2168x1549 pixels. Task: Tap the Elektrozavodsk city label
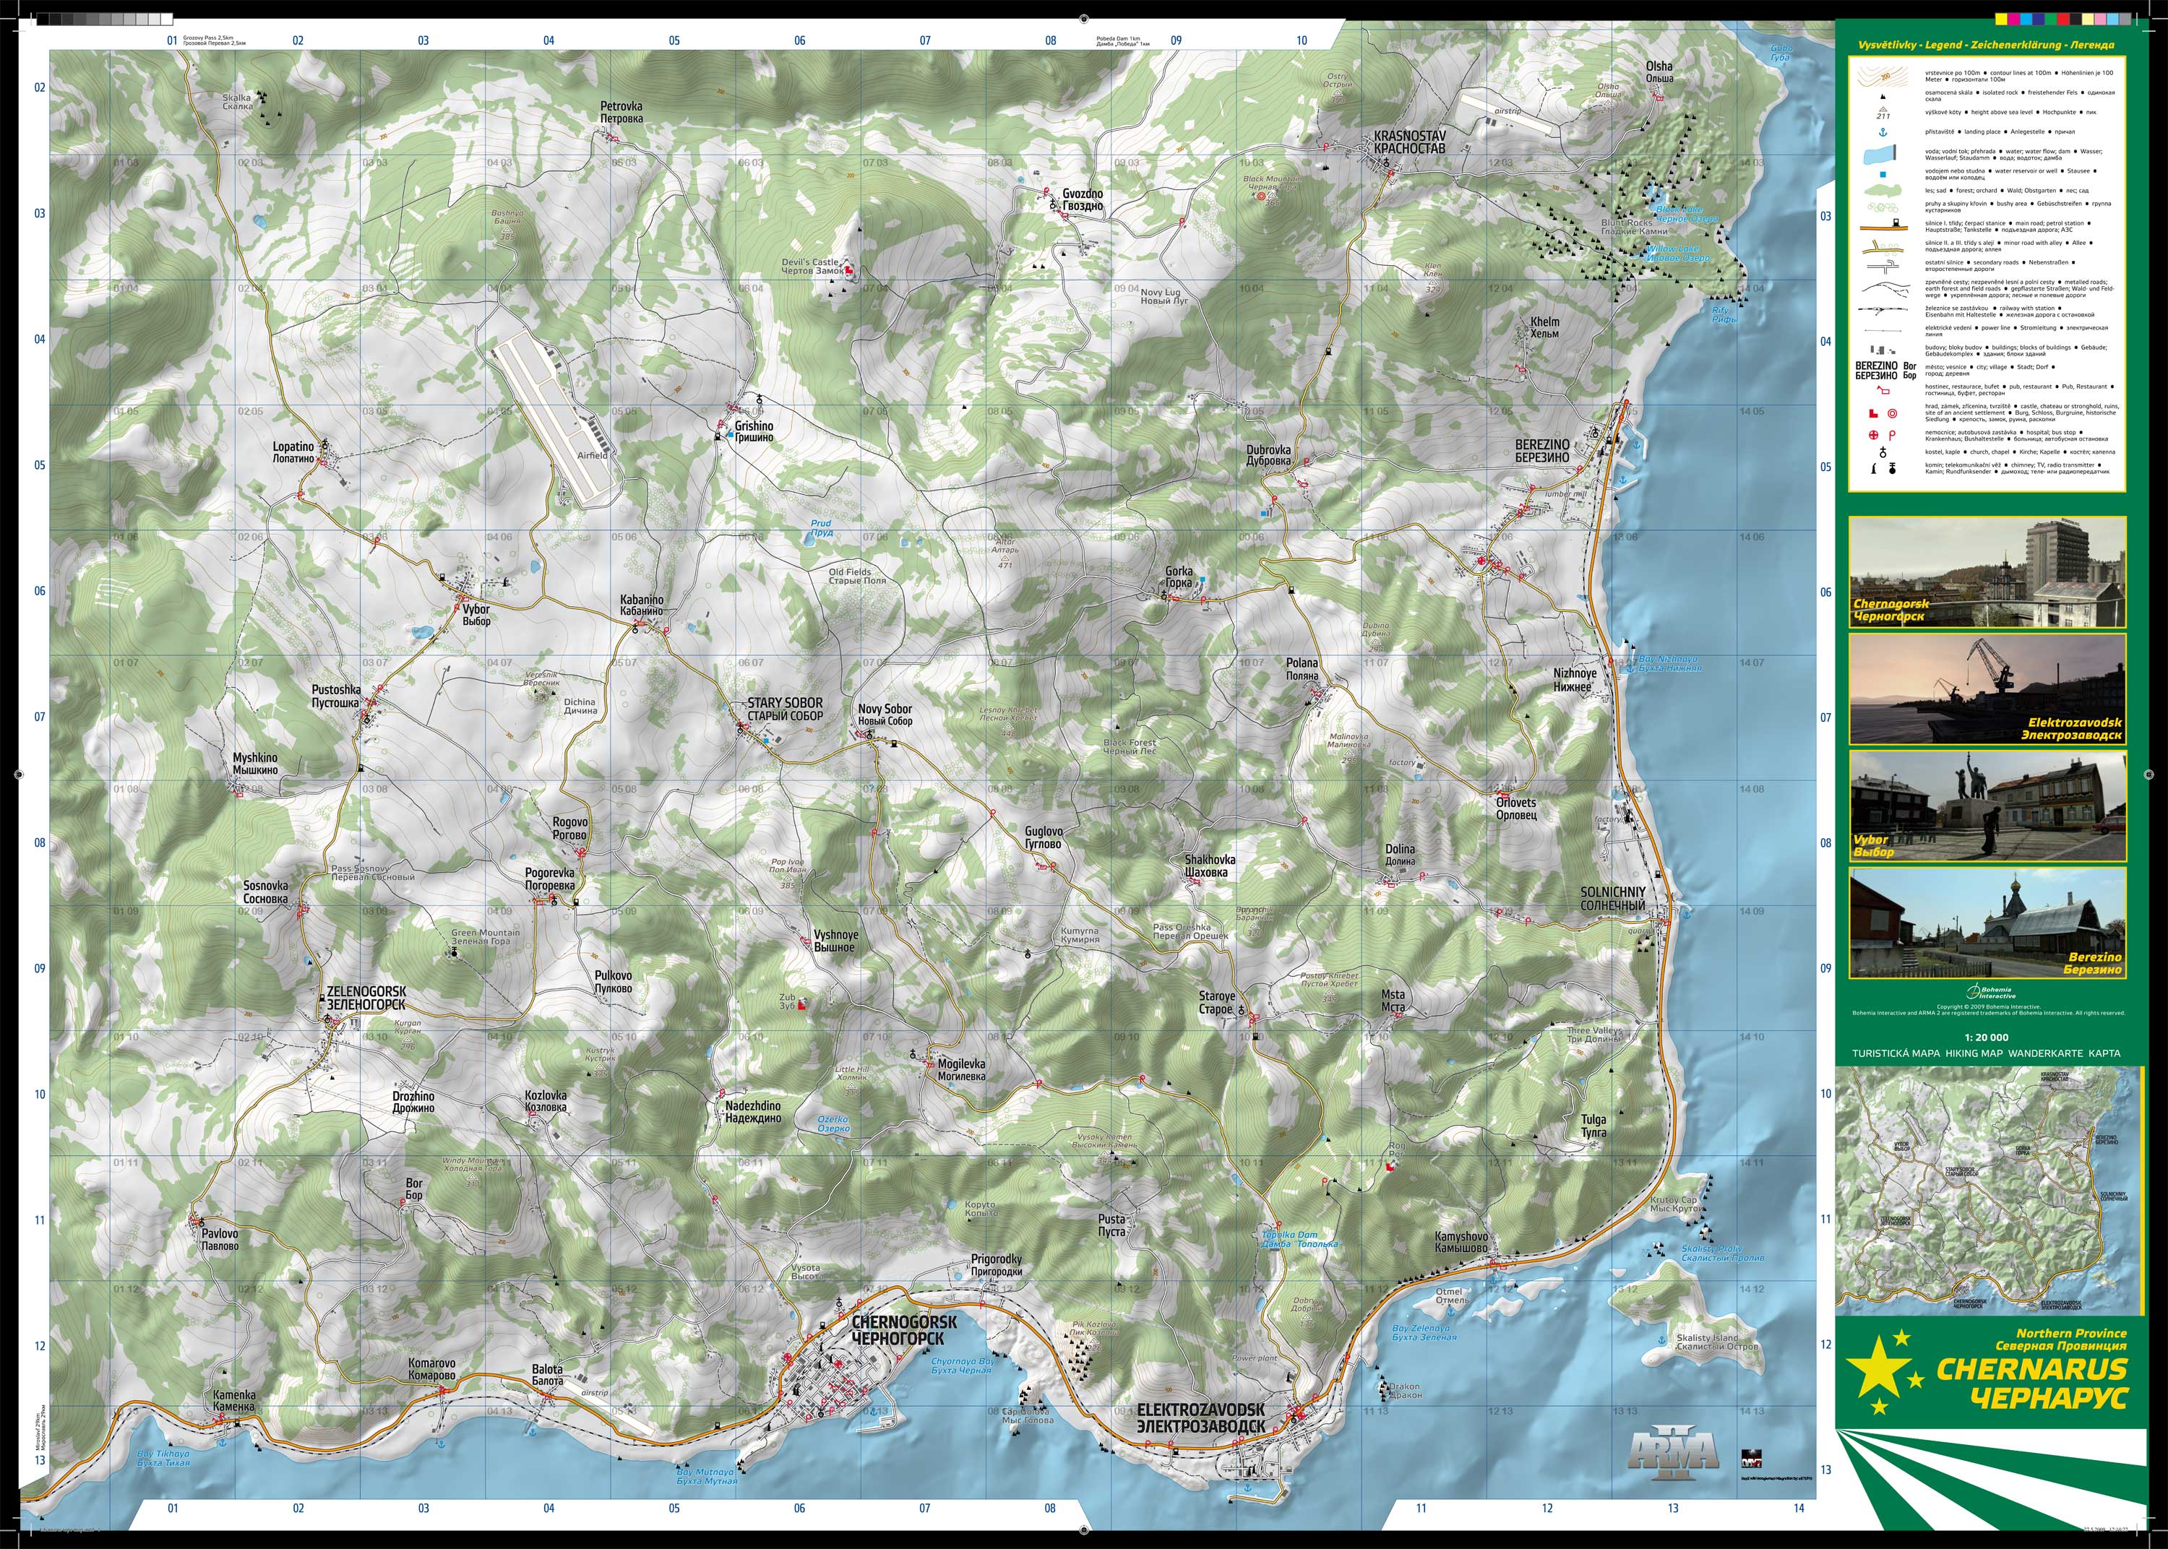(x=1201, y=1418)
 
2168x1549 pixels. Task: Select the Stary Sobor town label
(x=784, y=709)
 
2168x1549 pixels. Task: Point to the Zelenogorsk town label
(x=366, y=998)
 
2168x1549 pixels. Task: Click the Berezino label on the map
(x=1541, y=451)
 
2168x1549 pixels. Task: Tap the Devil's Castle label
(x=811, y=266)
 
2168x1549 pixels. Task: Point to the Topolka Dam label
(x=1299, y=1239)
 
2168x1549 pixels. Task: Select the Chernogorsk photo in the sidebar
(x=1987, y=571)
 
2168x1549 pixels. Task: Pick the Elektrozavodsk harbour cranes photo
(x=1987, y=689)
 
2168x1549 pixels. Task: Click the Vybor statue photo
(x=1987, y=806)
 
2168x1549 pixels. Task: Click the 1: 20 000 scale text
(x=1986, y=1037)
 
